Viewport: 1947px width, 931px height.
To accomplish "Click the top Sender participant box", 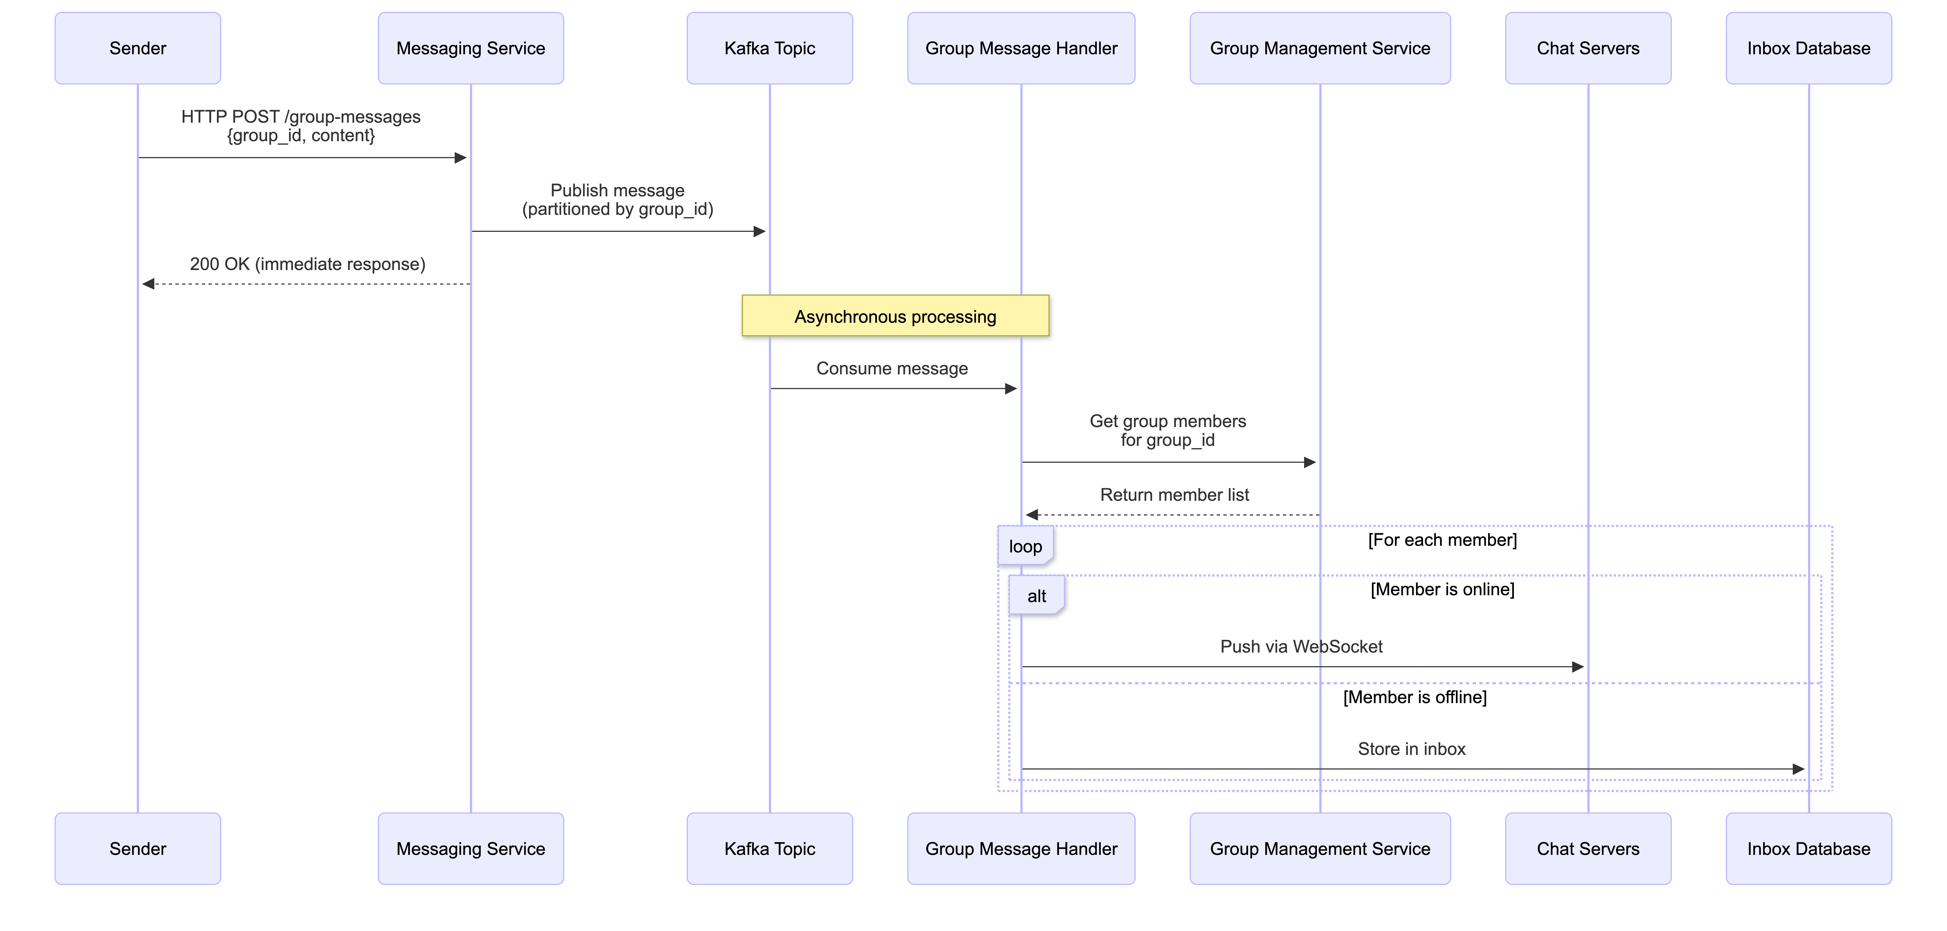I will pos(138,48).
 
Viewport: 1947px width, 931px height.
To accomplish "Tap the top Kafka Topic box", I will pos(770,48).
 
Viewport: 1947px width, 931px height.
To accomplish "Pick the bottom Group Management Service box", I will pos(1320,849).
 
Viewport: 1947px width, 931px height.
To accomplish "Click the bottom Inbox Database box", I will pos(1808,849).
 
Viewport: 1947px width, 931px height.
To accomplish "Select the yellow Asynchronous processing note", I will pos(895,316).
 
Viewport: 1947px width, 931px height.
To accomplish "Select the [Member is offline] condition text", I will pos(1414,697).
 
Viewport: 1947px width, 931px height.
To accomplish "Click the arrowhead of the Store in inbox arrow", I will pos(1799,769).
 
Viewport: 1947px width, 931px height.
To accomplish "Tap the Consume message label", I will pos(892,368).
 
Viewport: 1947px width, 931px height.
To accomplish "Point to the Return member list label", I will pos(1174,495).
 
